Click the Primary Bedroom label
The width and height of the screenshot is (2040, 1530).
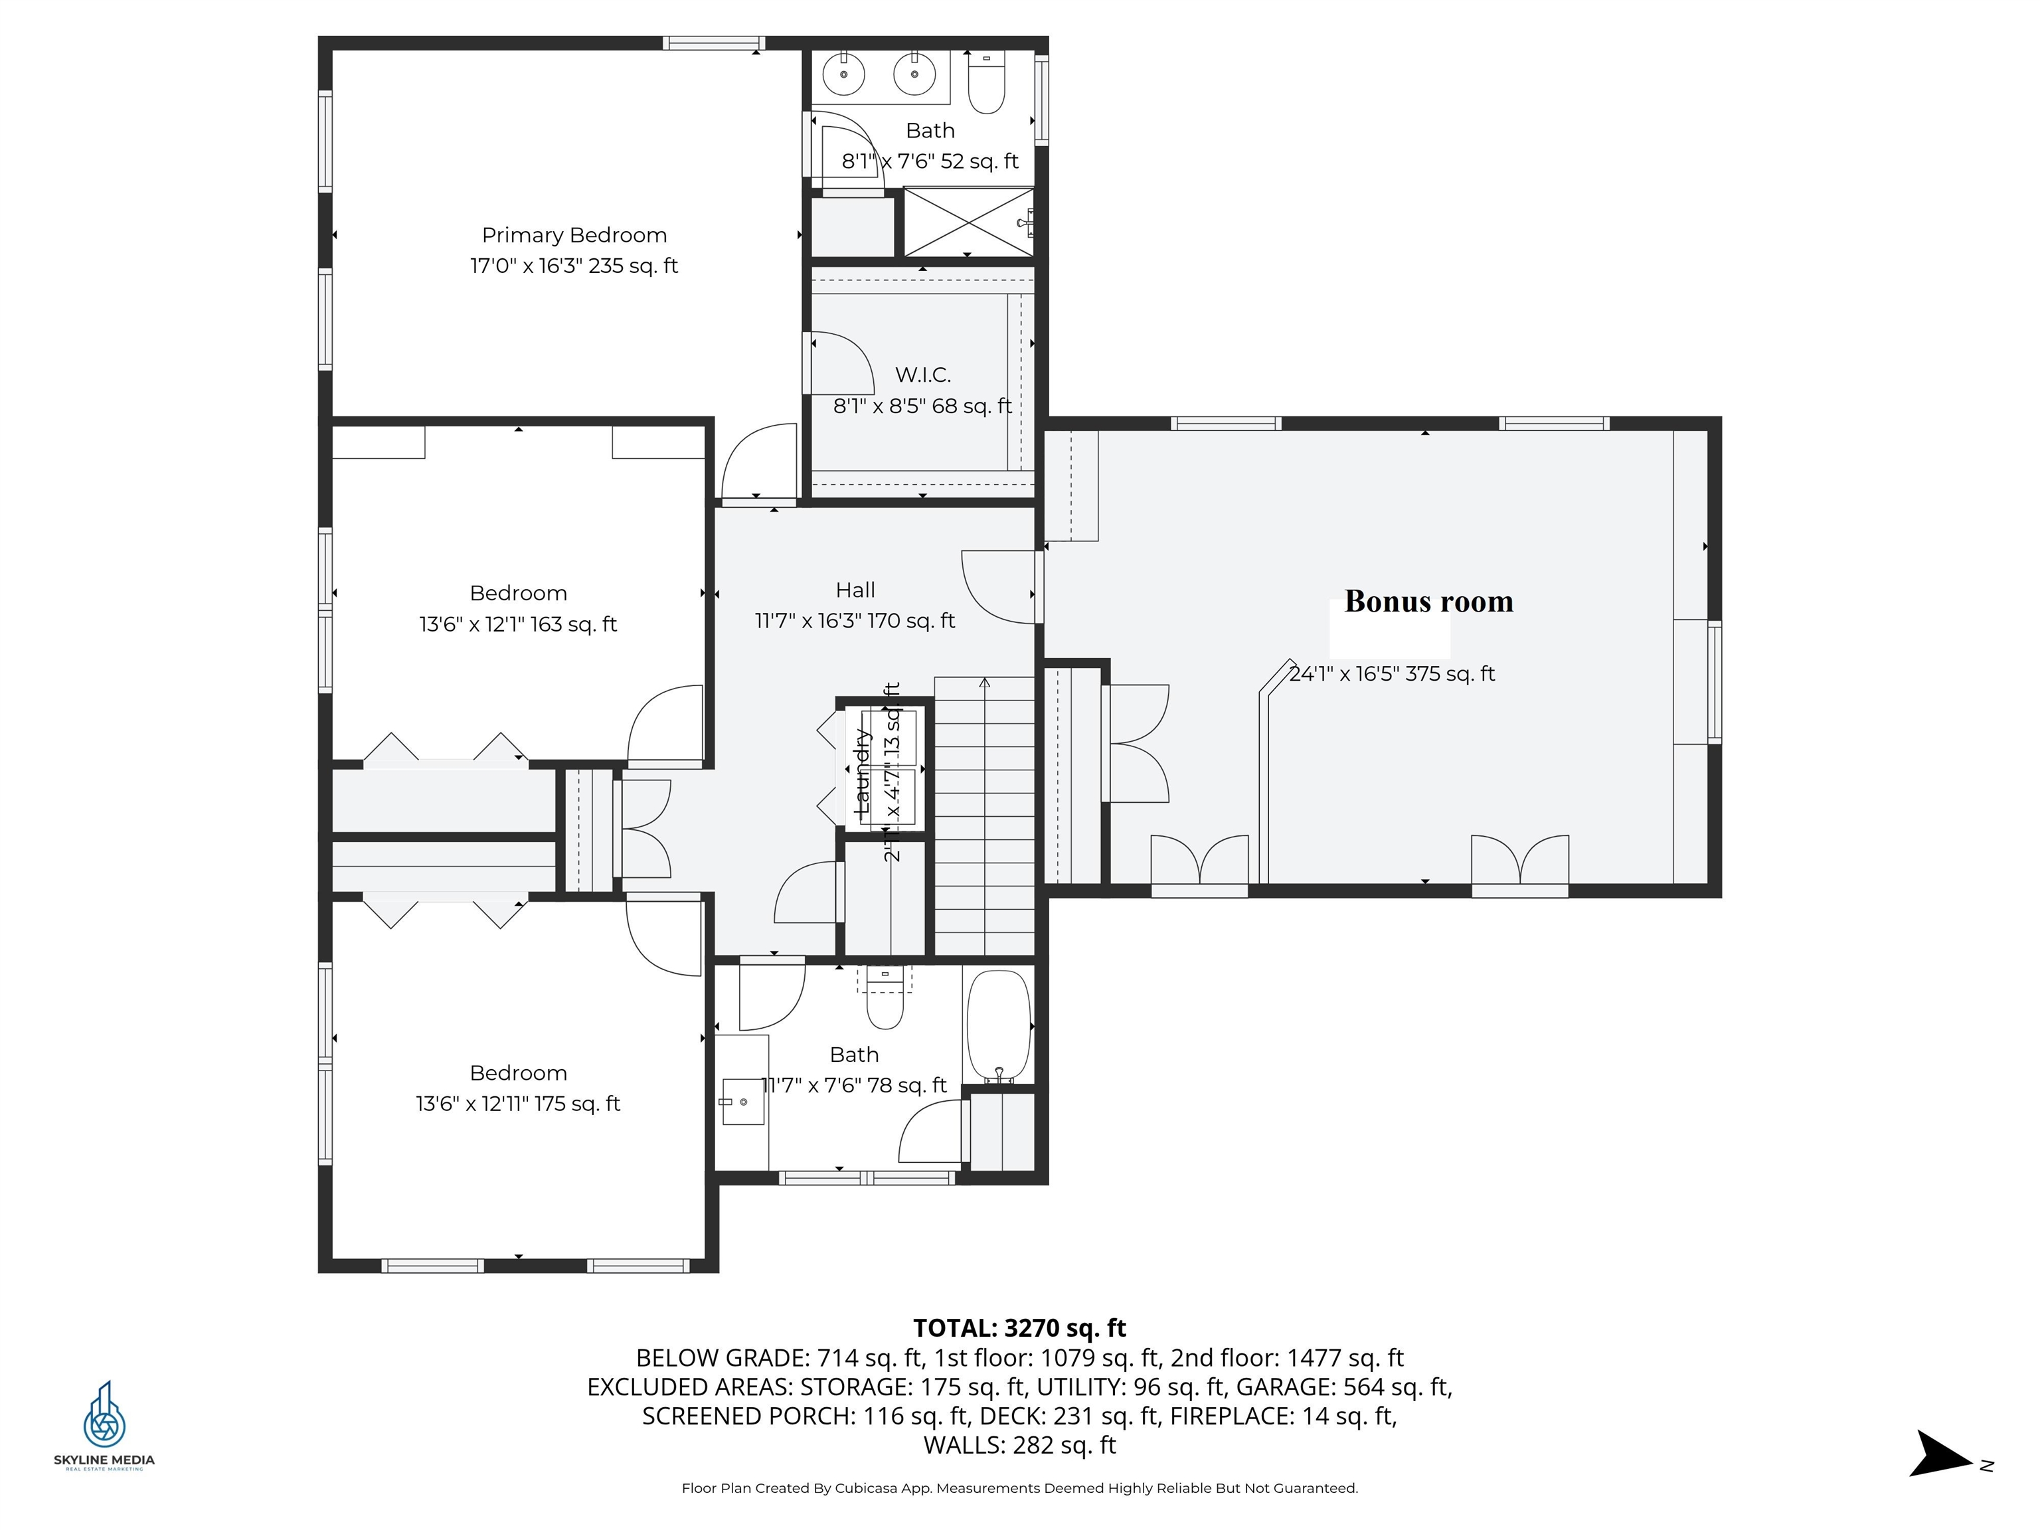click(x=574, y=235)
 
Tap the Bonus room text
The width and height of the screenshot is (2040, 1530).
click(x=1428, y=601)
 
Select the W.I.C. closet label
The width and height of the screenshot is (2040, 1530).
click(x=922, y=375)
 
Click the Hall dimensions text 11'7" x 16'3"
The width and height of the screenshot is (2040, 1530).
click(x=854, y=621)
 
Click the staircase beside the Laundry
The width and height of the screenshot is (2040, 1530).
click(x=984, y=816)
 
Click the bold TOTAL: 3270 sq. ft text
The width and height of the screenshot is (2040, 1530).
click(x=1019, y=1328)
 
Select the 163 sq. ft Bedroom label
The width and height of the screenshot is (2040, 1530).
click(x=517, y=609)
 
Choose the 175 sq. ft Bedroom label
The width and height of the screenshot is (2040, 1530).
click(x=517, y=1088)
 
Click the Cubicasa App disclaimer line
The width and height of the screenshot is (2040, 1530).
click(x=1019, y=1487)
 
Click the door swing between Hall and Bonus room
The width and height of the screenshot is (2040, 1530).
click(x=1001, y=586)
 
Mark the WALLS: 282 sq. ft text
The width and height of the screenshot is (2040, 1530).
click(x=1019, y=1445)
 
